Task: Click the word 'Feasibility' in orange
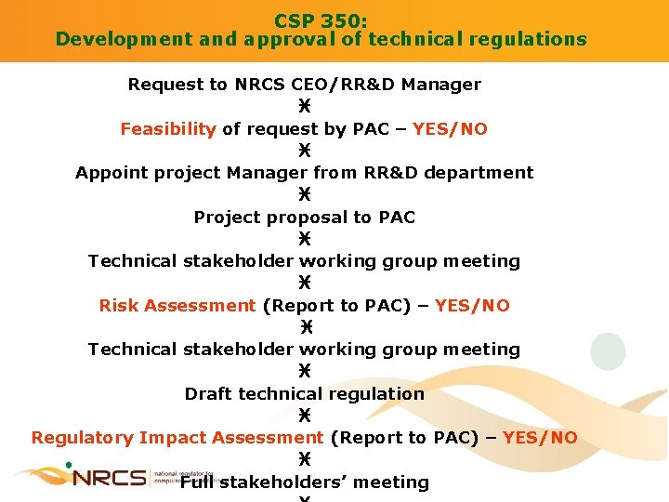pyautogui.click(x=168, y=129)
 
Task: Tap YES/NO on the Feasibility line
pyautogui.click(x=450, y=129)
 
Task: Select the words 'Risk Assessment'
pyautogui.click(x=177, y=305)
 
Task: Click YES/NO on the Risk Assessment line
pyautogui.click(x=472, y=305)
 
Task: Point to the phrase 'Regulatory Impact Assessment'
pyautogui.click(x=177, y=437)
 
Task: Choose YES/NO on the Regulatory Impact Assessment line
pyautogui.click(x=540, y=437)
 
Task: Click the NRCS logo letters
pyautogui.click(x=110, y=477)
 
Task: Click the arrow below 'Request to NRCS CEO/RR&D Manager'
pyautogui.click(x=305, y=107)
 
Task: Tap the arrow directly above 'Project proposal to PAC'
pyautogui.click(x=305, y=195)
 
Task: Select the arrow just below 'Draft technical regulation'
pyautogui.click(x=305, y=416)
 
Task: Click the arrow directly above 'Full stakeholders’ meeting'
pyautogui.click(x=305, y=459)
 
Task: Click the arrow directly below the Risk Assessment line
pyautogui.click(x=305, y=327)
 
